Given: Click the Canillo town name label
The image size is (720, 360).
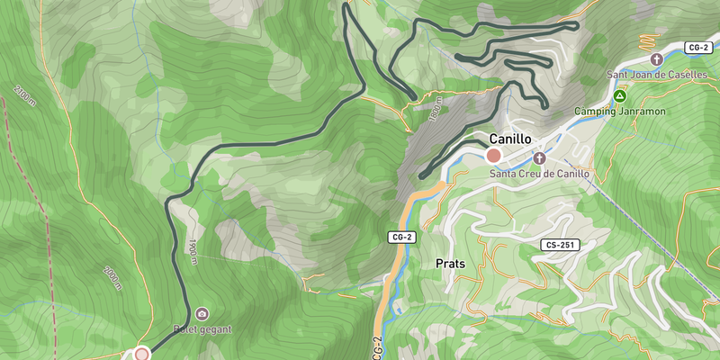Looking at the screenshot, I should coord(510,139).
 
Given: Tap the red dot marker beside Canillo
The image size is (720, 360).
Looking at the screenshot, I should coord(493,156).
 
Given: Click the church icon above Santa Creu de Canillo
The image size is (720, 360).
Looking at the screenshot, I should coord(539,157).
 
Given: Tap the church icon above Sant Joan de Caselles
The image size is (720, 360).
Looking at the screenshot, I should coord(656,59).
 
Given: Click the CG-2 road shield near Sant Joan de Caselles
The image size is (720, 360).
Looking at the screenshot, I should coord(697,46).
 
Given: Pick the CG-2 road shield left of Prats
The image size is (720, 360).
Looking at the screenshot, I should coord(401,238).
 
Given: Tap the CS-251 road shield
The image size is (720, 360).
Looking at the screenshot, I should coord(561,245).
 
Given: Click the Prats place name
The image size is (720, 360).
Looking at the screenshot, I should coord(449,264).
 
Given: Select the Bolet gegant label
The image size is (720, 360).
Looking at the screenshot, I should coord(202,329).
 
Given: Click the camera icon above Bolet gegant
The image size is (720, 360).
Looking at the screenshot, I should coord(202,314).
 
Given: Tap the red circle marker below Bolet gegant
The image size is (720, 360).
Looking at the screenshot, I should coord(141,354).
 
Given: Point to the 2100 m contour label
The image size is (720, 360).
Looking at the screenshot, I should coord(22,97).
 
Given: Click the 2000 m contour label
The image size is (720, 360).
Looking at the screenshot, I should coord(112,276).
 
